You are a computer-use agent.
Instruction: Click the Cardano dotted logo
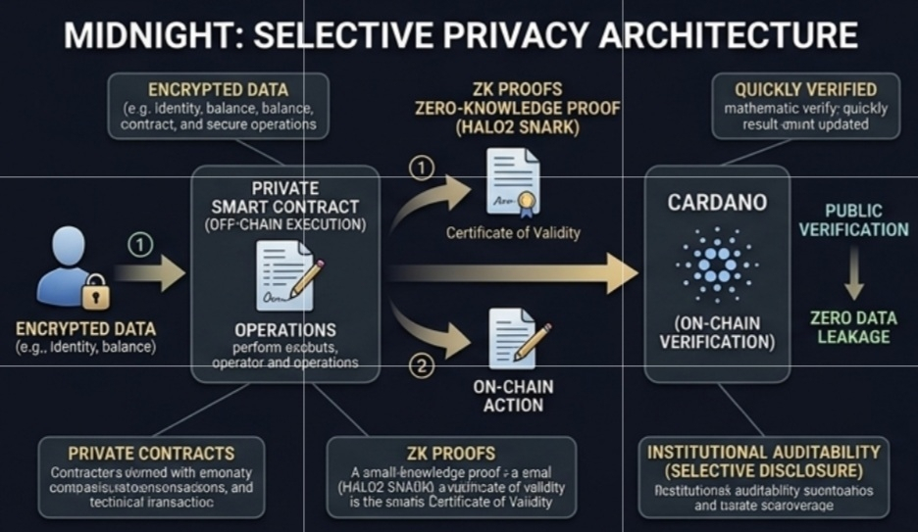pos(715,264)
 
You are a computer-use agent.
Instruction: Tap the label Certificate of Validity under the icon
pos(513,233)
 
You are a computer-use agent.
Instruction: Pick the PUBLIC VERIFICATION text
pos(853,220)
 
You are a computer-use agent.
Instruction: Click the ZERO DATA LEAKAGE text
pos(850,327)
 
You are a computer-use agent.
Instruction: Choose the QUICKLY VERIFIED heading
pos(805,89)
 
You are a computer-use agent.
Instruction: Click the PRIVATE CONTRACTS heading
pos(151,453)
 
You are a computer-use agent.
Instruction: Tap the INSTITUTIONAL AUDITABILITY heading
pos(763,452)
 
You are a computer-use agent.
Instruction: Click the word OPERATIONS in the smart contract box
pos(285,329)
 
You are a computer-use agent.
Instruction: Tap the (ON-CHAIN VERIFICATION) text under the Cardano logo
pos(716,332)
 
